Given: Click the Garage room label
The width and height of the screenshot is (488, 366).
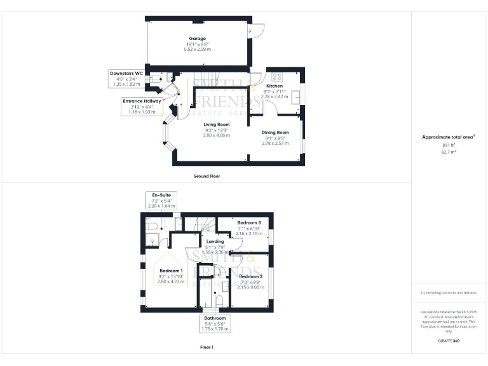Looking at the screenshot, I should tap(197, 39).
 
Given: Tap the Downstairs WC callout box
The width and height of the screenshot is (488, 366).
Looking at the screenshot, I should tap(126, 78).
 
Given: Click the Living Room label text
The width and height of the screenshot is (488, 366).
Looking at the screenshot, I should tap(216, 125).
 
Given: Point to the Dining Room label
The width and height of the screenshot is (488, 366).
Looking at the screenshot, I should tap(275, 133).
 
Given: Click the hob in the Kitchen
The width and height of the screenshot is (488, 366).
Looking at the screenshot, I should tap(276, 78).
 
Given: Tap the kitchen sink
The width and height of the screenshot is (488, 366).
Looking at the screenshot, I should tap(296, 97).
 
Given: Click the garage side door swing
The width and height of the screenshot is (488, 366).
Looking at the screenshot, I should tap(257, 30).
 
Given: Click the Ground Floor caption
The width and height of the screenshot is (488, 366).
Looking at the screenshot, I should tap(207, 176).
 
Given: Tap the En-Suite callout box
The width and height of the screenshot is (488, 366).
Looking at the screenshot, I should tap(160, 200).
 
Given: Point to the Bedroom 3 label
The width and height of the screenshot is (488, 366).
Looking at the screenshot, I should tap(249, 223).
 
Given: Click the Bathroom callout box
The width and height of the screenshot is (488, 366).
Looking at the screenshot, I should tap(214, 323).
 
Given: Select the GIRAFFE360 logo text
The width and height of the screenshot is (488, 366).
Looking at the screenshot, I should tap(449, 341).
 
